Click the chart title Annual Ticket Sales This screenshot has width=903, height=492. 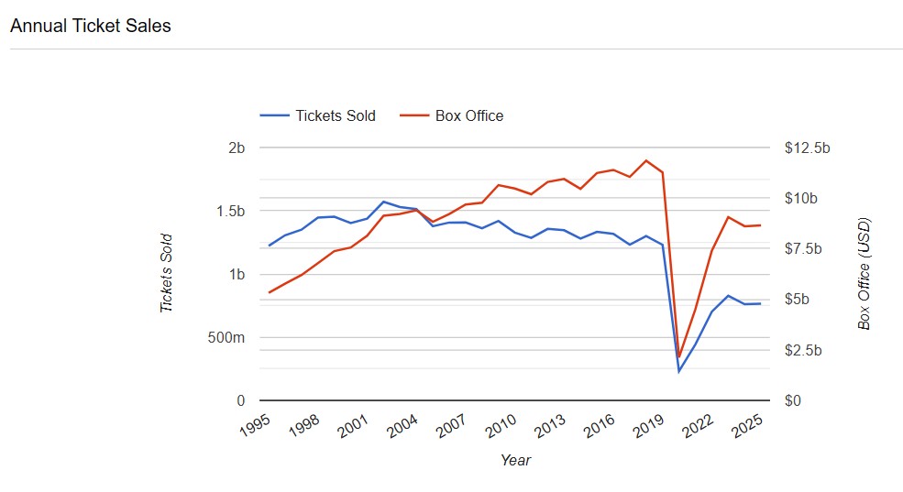(90, 26)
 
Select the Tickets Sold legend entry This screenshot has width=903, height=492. (335, 115)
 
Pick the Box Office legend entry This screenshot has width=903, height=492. (469, 115)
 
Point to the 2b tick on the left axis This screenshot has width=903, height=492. (237, 148)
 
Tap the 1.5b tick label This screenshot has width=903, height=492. (230, 211)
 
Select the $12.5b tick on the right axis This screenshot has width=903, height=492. (807, 148)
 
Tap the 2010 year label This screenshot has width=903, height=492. (501, 426)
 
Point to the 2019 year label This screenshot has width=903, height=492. (647, 426)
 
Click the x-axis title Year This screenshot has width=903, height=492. (515, 460)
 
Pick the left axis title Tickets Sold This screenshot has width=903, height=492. (167, 273)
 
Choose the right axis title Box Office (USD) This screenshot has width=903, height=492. (864, 273)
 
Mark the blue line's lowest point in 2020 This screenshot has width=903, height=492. (679, 371)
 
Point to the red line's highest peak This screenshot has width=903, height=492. (646, 160)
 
